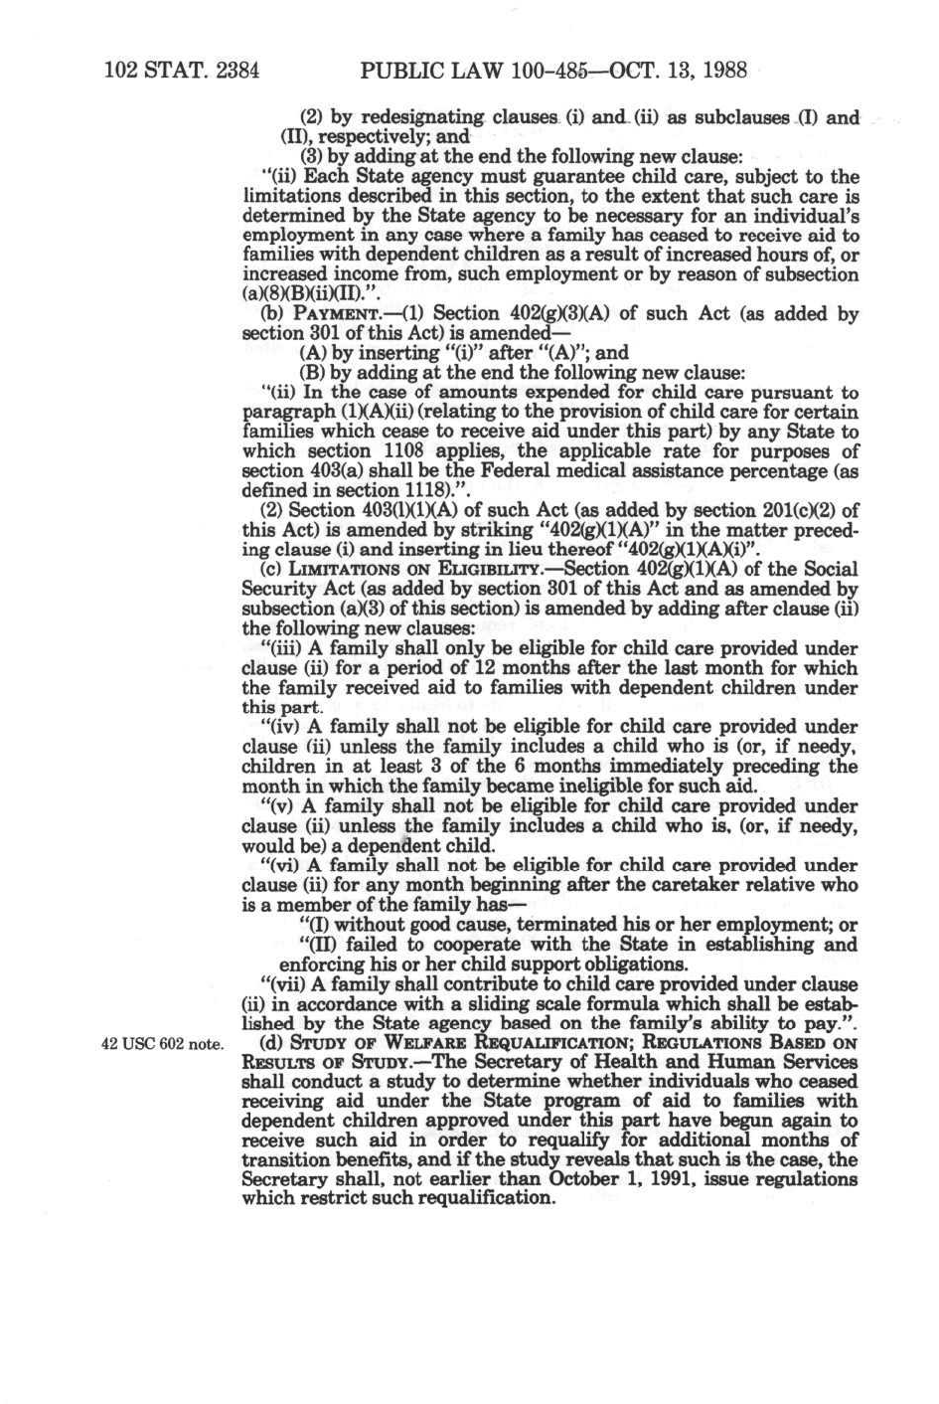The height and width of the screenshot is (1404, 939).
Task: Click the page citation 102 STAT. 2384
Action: [181, 72]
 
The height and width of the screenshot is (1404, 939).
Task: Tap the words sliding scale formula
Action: [575, 1003]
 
